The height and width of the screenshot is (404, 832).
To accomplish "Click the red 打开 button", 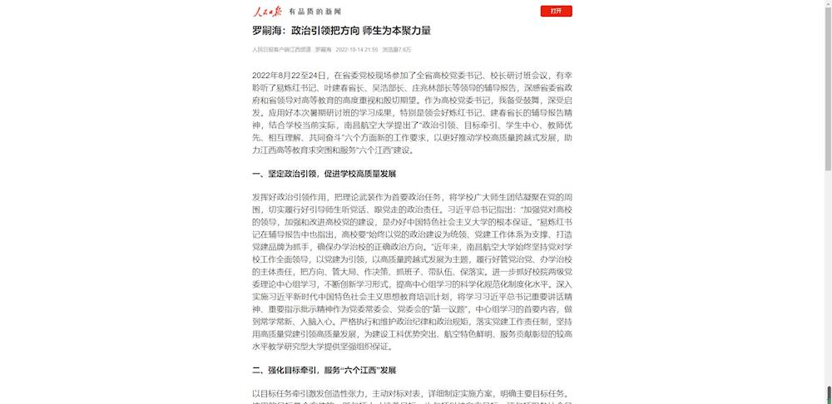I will pos(556,11).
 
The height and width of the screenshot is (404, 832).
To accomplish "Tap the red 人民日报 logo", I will pos(268,11).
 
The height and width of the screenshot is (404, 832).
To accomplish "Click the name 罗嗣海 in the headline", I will pos(269,31).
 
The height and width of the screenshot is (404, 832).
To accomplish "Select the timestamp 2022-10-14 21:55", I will pos(357,50).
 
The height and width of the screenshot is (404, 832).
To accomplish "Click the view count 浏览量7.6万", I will pos(396,50).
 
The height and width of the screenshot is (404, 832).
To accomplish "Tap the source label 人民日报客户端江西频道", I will pos(280,50).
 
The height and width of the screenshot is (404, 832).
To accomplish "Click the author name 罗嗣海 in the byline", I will pos(323,50).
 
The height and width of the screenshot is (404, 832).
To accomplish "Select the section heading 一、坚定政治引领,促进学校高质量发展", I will pos(324,174).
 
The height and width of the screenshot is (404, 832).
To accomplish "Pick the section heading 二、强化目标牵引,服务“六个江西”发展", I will pos(324,369).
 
